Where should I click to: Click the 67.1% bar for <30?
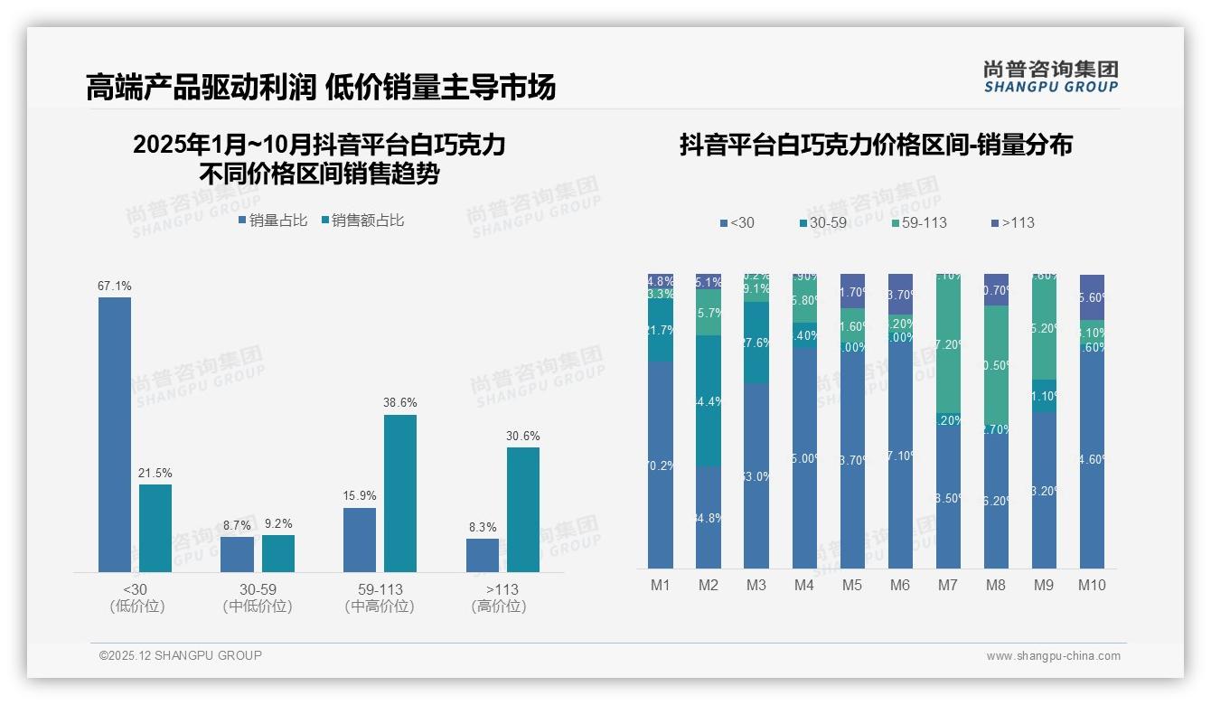(115, 434)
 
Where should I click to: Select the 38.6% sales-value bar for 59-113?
(400, 493)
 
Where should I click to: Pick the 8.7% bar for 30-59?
(237, 554)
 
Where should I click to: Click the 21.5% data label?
(155, 474)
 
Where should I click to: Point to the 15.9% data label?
(360, 496)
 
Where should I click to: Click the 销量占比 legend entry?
(273, 221)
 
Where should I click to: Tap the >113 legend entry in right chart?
(1013, 222)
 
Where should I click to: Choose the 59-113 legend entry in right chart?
(920, 222)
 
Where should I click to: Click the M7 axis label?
(947, 586)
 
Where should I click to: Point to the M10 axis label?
(1092, 586)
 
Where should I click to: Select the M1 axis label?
(661, 586)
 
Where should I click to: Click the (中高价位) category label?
(380, 606)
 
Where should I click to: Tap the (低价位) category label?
(137, 606)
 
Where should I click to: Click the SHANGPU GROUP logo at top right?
(1050, 77)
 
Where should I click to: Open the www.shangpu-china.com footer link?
(1053, 656)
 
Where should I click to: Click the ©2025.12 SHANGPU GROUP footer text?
(181, 655)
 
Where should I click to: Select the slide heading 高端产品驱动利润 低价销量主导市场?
(321, 87)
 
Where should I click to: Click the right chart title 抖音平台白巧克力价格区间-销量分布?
(876, 146)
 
